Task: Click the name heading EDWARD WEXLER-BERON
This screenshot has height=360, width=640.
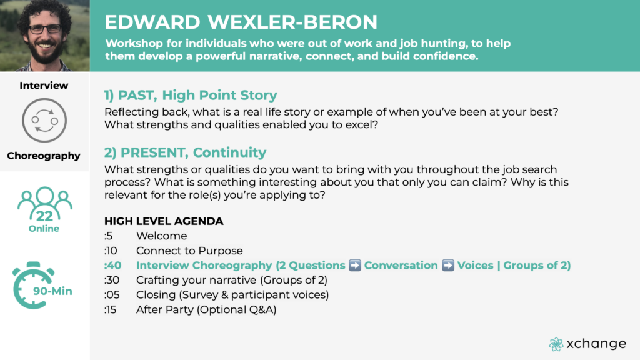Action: point(241,22)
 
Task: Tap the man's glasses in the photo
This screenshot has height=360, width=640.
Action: point(45,29)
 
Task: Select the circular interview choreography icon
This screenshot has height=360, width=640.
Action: point(44,121)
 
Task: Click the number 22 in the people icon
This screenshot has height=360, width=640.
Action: point(44,216)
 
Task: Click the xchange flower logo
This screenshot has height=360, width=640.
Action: point(556,344)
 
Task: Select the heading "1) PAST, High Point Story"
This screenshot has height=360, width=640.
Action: point(191,95)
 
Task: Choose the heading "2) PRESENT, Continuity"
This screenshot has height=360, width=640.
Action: point(185,152)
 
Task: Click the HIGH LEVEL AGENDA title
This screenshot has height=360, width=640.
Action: point(164,221)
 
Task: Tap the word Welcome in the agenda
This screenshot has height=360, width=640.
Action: point(162,236)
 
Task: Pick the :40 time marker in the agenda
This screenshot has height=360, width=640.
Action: point(112,265)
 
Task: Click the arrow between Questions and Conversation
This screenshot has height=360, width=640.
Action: point(355,265)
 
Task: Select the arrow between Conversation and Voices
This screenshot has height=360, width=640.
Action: point(447,265)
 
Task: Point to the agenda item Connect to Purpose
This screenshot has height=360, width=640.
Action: point(189,251)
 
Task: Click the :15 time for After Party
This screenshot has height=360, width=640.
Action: point(110,310)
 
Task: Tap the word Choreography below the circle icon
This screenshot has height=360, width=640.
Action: point(44,156)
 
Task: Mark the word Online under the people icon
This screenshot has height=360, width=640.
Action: point(44,229)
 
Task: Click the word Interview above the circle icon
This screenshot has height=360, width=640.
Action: point(44,85)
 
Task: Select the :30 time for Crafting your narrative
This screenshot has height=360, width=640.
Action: point(112,280)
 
